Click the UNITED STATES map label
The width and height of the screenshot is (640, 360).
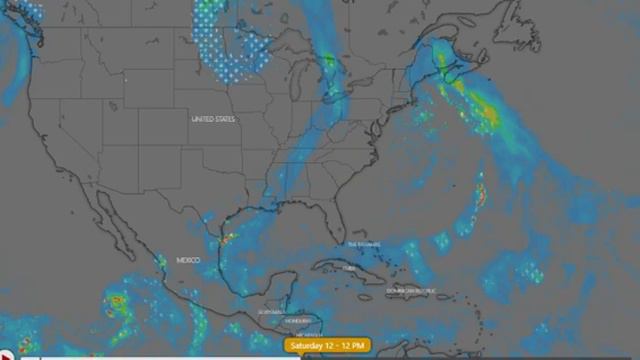point(213,119)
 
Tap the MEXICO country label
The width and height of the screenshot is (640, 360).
point(188,260)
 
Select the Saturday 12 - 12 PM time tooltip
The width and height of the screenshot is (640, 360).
point(328,346)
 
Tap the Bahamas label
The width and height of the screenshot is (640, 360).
point(364,244)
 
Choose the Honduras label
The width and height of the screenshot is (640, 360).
point(298,321)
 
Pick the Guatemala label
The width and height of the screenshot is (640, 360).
point(268,313)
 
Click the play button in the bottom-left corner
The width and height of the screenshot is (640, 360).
point(5,354)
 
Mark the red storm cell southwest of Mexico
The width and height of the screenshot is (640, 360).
point(118,300)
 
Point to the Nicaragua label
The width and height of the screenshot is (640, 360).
point(311,334)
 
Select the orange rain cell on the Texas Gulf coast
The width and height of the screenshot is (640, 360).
point(229,238)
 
